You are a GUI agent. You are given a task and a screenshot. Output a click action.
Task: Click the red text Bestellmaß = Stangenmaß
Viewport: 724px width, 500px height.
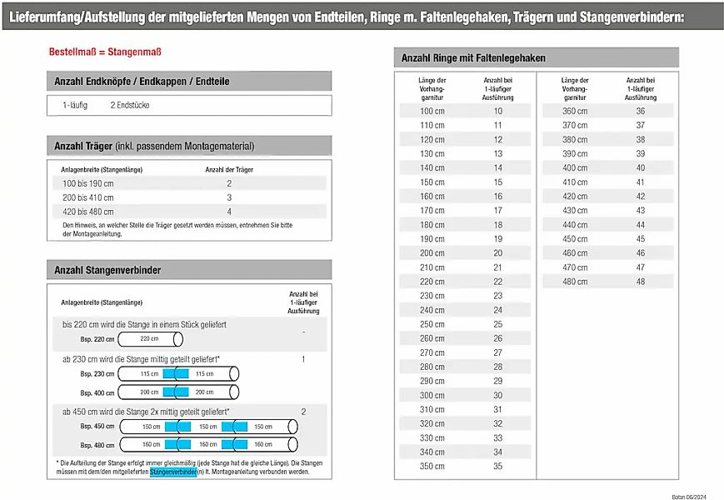[105, 52]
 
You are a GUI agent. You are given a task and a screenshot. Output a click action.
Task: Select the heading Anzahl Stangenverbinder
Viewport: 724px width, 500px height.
[107, 271]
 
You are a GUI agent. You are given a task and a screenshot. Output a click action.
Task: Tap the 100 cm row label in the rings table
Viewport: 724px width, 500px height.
[432, 111]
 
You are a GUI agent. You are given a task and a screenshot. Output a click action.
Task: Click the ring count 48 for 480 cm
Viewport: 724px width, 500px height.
[640, 282]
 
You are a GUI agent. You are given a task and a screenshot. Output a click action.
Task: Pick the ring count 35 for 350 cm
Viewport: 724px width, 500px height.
[497, 467]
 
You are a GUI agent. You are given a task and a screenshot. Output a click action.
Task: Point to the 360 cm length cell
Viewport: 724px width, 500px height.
[575, 111]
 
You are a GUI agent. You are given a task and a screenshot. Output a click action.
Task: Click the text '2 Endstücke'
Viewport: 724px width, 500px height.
[130, 106]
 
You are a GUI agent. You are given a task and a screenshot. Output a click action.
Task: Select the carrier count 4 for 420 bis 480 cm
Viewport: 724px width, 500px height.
[229, 212]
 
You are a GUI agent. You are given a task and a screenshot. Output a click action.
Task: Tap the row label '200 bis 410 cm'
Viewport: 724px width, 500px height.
[88, 197]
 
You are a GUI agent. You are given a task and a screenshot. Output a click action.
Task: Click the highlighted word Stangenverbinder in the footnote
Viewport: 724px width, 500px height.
[173, 472]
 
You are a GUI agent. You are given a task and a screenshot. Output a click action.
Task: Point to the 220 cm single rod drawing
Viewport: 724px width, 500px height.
[151, 339]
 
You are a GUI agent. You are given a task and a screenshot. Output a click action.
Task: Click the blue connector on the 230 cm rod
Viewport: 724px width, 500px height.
[176, 373]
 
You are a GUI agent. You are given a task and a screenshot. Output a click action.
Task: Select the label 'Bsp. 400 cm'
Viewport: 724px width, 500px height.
[97, 392]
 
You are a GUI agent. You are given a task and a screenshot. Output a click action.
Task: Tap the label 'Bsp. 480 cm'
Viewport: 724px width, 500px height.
[97, 445]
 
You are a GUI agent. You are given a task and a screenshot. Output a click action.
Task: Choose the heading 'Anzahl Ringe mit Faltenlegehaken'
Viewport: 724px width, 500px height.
[473, 57]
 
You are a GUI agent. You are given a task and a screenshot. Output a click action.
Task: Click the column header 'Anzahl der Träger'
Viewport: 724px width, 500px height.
[229, 169]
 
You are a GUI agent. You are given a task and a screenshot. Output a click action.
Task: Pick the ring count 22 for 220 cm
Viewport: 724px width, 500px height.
[497, 282]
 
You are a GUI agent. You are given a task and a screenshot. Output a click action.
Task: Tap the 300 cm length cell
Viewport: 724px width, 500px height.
[432, 395]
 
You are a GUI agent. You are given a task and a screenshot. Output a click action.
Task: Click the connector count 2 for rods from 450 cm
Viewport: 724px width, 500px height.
[303, 412]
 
